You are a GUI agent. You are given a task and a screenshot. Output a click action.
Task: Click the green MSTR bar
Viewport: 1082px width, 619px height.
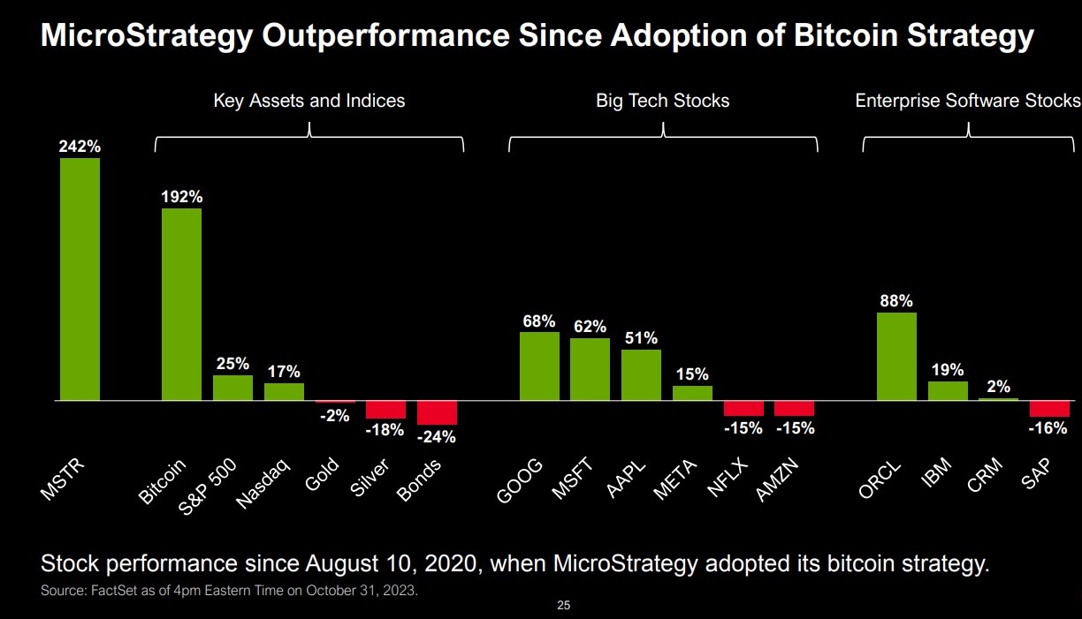pyautogui.click(x=80, y=279)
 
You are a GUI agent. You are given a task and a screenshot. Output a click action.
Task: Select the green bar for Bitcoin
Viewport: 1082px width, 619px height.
pyautogui.click(x=181, y=305)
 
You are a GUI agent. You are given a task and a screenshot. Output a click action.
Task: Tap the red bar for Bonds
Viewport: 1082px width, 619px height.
pyautogui.click(x=437, y=413)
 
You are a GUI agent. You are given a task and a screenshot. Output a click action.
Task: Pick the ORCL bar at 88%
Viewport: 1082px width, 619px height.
pyautogui.click(x=896, y=357)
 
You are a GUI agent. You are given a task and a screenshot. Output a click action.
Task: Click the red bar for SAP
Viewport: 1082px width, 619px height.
pyautogui.click(x=1049, y=409)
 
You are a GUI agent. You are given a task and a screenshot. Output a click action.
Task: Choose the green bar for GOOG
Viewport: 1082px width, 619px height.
pyautogui.click(x=538, y=366)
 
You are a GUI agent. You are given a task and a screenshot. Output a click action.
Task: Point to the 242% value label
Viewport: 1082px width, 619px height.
pyautogui.click(x=80, y=147)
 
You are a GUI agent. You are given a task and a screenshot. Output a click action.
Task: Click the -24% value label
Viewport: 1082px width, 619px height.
pyautogui.click(x=437, y=436)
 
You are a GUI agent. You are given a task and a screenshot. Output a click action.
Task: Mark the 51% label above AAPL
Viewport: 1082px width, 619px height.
pyautogui.click(x=641, y=338)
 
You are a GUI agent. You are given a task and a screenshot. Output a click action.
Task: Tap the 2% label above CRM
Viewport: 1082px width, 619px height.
pyautogui.click(x=999, y=387)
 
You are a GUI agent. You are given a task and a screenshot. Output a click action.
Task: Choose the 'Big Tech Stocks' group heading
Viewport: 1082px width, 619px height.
pyautogui.click(x=662, y=101)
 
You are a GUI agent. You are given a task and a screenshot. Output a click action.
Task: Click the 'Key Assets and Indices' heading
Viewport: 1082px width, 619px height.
pyautogui.click(x=309, y=101)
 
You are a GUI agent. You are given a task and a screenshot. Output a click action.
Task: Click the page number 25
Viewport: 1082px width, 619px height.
pyautogui.click(x=564, y=606)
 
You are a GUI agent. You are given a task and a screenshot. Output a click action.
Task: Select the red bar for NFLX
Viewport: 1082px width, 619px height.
pyautogui.click(x=743, y=409)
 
